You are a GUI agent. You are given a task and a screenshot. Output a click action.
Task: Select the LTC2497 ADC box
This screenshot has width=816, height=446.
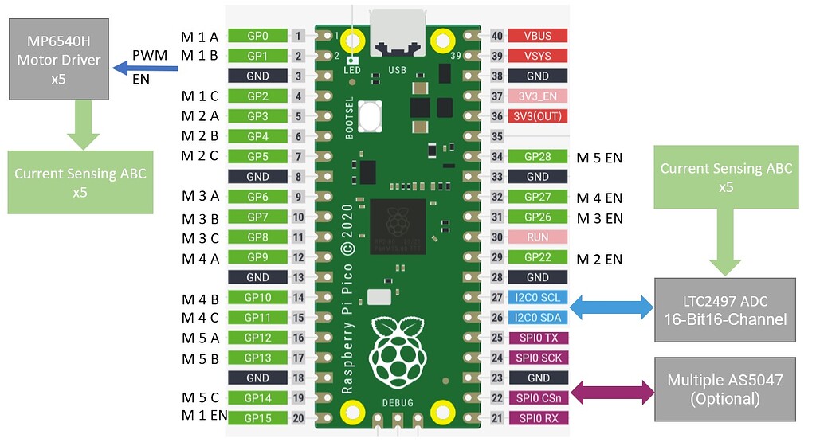tap(725, 310)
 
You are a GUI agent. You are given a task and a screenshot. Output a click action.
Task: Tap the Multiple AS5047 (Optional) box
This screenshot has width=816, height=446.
tap(725, 389)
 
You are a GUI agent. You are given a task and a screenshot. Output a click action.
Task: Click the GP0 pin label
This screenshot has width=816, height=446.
tap(257, 36)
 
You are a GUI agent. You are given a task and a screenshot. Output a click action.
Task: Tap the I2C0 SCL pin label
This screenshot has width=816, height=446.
tap(537, 297)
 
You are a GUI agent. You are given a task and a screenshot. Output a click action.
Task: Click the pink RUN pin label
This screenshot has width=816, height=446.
tap(537, 237)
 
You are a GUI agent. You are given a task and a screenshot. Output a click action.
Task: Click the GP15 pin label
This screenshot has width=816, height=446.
tap(257, 418)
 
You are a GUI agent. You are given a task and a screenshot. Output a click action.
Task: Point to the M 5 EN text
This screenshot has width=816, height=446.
tap(599, 158)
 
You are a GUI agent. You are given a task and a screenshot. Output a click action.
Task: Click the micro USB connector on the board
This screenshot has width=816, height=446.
tap(396, 30)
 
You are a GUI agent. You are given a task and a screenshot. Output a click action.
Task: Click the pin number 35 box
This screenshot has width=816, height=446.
tap(497, 137)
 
